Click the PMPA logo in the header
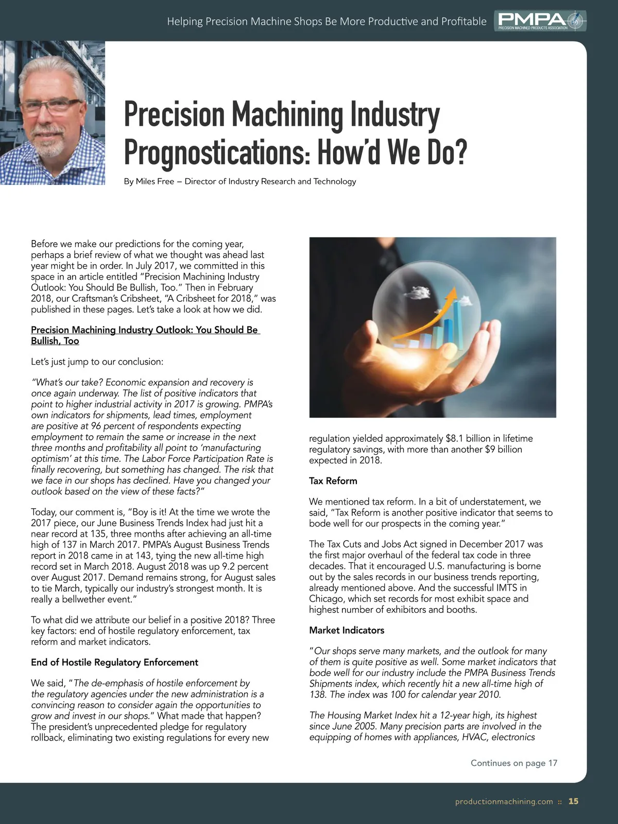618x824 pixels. [540, 21]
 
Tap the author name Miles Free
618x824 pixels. [155, 181]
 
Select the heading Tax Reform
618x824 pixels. [333, 480]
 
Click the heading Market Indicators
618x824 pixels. [347, 630]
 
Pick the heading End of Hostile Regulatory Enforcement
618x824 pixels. [114, 662]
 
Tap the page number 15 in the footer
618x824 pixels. [573, 801]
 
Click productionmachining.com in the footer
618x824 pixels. [504, 801]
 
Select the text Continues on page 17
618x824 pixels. [513, 763]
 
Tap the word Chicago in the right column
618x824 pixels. [326, 598]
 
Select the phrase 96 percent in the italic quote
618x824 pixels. [114, 426]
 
